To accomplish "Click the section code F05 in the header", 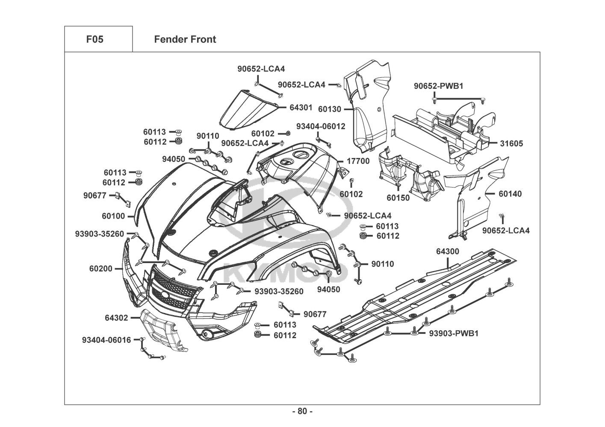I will pyautogui.click(x=94, y=40).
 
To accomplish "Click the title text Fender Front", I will pyautogui.click(x=185, y=40).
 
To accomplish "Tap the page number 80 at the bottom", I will pyautogui.click(x=302, y=412).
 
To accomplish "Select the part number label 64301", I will pyautogui.click(x=301, y=108).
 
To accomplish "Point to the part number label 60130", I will pyautogui.click(x=330, y=109).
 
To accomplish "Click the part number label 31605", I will pyautogui.click(x=511, y=143).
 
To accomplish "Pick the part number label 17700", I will pyautogui.click(x=358, y=161).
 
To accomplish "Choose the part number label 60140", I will pyautogui.click(x=510, y=194).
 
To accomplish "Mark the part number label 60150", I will pyautogui.click(x=398, y=198).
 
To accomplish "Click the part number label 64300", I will pyautogui.click(x=448, y=252).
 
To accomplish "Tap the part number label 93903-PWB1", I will pyautogui.click(x=454, y=333).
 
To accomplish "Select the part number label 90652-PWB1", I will pyautogui.click(x=438, y=86).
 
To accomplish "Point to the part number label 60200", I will pyautogui.click(x=101, y=269).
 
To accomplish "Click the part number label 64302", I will pyautogui.click(x=116, y=318).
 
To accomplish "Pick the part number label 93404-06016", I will pyautogui.click(x=106, y=340).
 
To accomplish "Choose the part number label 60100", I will pyautogui.click(x=113, y=216).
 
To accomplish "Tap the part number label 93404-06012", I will pyautogui.click(x=321, y=126).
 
